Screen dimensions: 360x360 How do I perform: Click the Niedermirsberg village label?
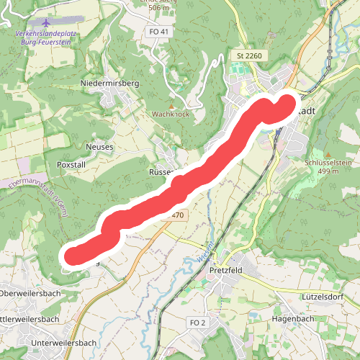(109, 83)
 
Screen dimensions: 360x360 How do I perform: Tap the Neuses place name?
(99, 146)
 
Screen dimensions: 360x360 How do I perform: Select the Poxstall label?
(71, 164)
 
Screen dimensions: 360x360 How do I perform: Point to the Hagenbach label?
(293, 318)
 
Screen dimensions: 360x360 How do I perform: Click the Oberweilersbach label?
(29, 293)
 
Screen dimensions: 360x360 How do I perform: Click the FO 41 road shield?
(160, 32)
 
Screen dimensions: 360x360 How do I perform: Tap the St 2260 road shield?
(249, 55)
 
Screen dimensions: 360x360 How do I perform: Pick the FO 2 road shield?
(197, 322)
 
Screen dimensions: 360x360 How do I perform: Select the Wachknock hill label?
(170, 114)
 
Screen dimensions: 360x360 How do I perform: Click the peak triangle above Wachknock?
(171, 106)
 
